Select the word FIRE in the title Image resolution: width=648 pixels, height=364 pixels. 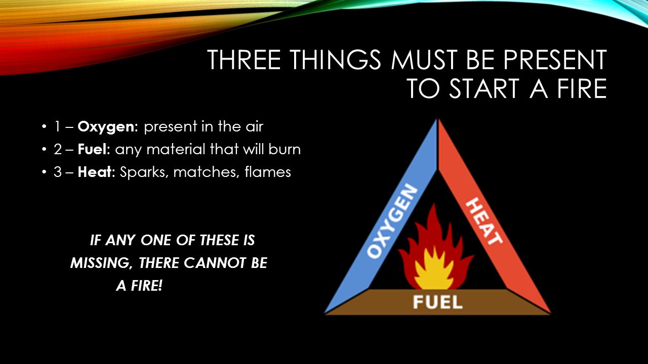pos(582,88)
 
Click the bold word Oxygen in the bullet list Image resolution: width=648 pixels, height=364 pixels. pos(108,127)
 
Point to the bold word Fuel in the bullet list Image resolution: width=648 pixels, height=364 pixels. pos(94,149)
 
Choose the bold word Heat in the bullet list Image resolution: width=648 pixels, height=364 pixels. pos(96,172)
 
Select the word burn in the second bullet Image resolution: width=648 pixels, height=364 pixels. pos(285,149)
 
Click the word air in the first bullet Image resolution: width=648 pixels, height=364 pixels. pos(255,127)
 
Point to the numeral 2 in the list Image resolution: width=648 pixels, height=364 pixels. pos(58,150)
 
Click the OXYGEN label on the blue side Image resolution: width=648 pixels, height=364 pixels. pos(392,221)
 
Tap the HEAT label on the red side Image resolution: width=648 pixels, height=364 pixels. pos(484,221)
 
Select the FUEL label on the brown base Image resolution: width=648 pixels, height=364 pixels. pos(438,302)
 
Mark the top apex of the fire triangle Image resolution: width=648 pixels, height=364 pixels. pos(438,119)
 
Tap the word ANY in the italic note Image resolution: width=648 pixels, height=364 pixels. pos(120,240)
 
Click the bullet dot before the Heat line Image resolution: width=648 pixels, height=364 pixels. pos(44,172)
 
